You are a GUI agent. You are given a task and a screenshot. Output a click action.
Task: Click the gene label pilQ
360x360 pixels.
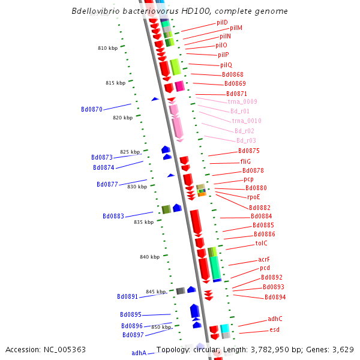(226, 65)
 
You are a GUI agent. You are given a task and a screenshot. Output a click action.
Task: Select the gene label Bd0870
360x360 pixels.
(92, 109)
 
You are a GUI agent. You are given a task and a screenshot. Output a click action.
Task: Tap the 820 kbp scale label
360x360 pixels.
(122, 118)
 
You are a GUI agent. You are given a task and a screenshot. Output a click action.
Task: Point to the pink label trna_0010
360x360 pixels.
(247, 121)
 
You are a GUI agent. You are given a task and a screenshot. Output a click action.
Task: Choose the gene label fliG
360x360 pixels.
(246, 161)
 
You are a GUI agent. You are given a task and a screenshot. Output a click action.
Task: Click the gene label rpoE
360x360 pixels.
(254, 197)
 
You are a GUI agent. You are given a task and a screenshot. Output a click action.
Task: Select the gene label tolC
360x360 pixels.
(262, 243)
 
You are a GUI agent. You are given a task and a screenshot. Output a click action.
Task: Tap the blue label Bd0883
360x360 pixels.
(113, 216)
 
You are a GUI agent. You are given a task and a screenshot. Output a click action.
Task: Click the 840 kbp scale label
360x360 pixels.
(149, 257)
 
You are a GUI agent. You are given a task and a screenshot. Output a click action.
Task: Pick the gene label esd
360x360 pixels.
(274, 329)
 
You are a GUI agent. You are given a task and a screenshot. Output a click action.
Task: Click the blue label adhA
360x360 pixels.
(139, 353)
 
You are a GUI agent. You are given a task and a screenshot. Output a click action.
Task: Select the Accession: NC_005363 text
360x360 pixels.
(46, 349)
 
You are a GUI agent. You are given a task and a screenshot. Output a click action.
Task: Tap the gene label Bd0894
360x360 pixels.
(275, 297)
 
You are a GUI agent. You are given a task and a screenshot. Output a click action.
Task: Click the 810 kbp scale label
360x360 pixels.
(107, 48)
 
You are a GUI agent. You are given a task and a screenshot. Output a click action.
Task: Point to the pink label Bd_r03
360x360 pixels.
(246, 140)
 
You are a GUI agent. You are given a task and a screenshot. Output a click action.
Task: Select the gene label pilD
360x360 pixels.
(222, 22)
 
